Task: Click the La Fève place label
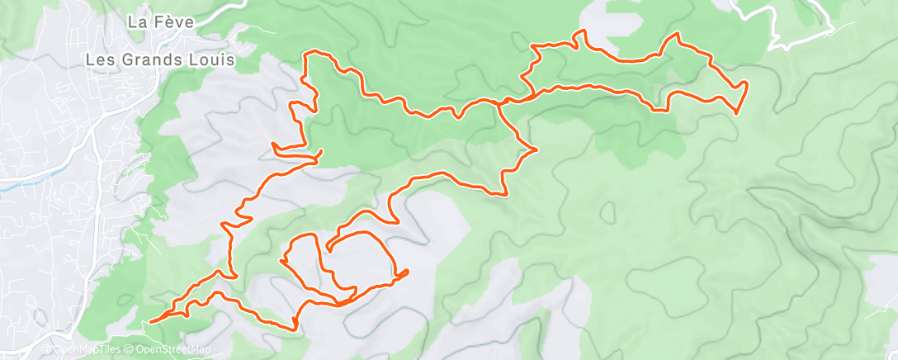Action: [x=160, y=23]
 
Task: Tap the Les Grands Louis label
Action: [x=161, y=60]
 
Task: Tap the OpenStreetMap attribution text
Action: [x=169, y=350]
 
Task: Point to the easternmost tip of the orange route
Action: [x=747, y=83]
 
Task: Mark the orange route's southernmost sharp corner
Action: [x=295, y=329]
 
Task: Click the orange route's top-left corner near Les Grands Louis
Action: [x=308, y=54]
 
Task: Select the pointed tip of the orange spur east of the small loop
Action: [x=409, y=272]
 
